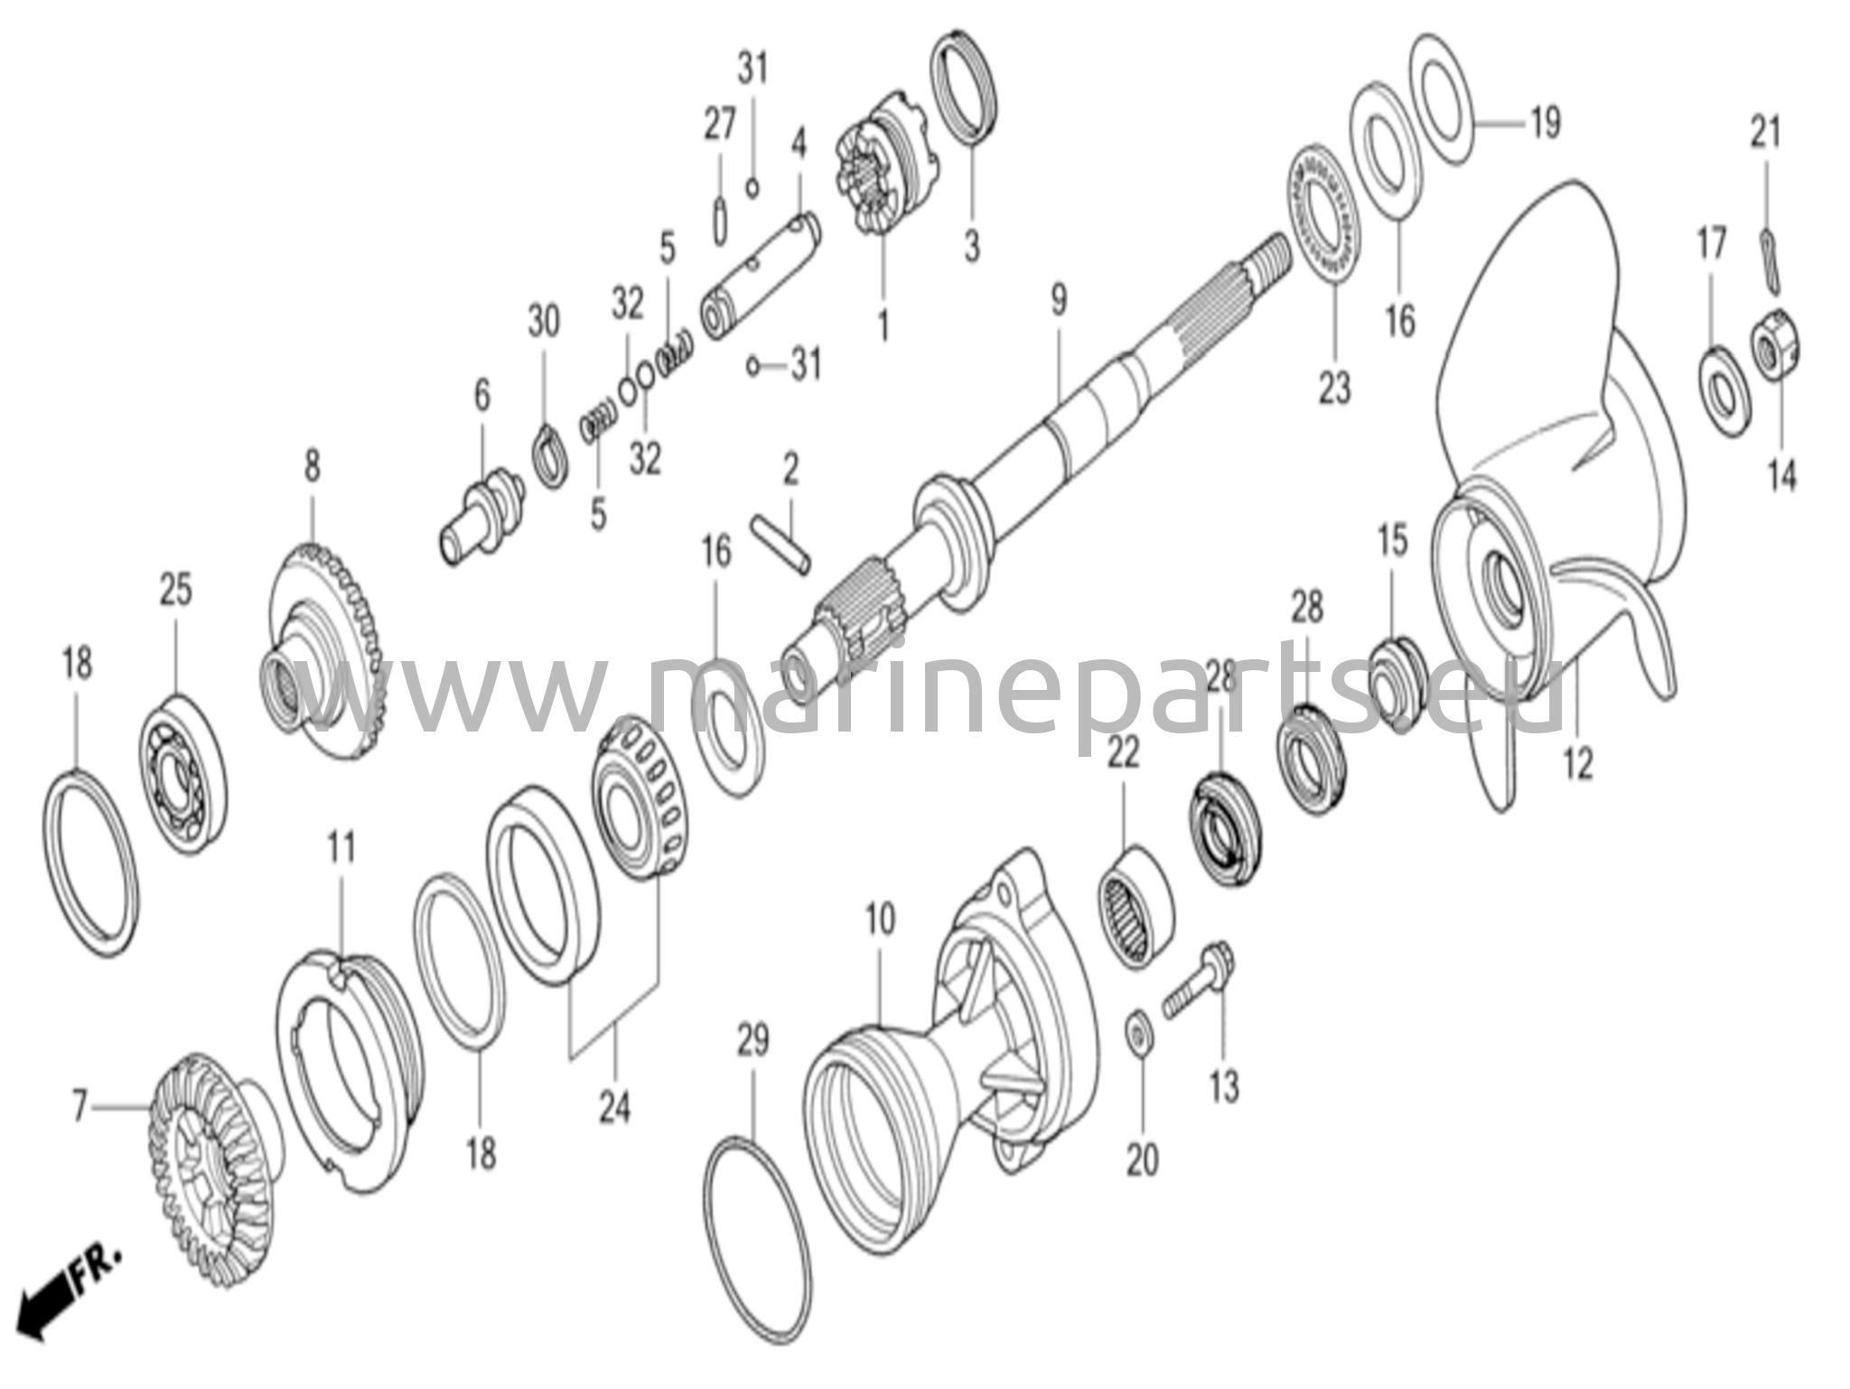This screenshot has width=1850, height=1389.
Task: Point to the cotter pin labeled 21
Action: pyautogui.click(x=1769, y=262)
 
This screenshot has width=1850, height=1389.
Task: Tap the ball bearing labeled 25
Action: pyautogui.click(x=183, y=775)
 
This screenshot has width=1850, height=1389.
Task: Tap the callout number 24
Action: pyautogui.click(x=614, y=1105)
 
